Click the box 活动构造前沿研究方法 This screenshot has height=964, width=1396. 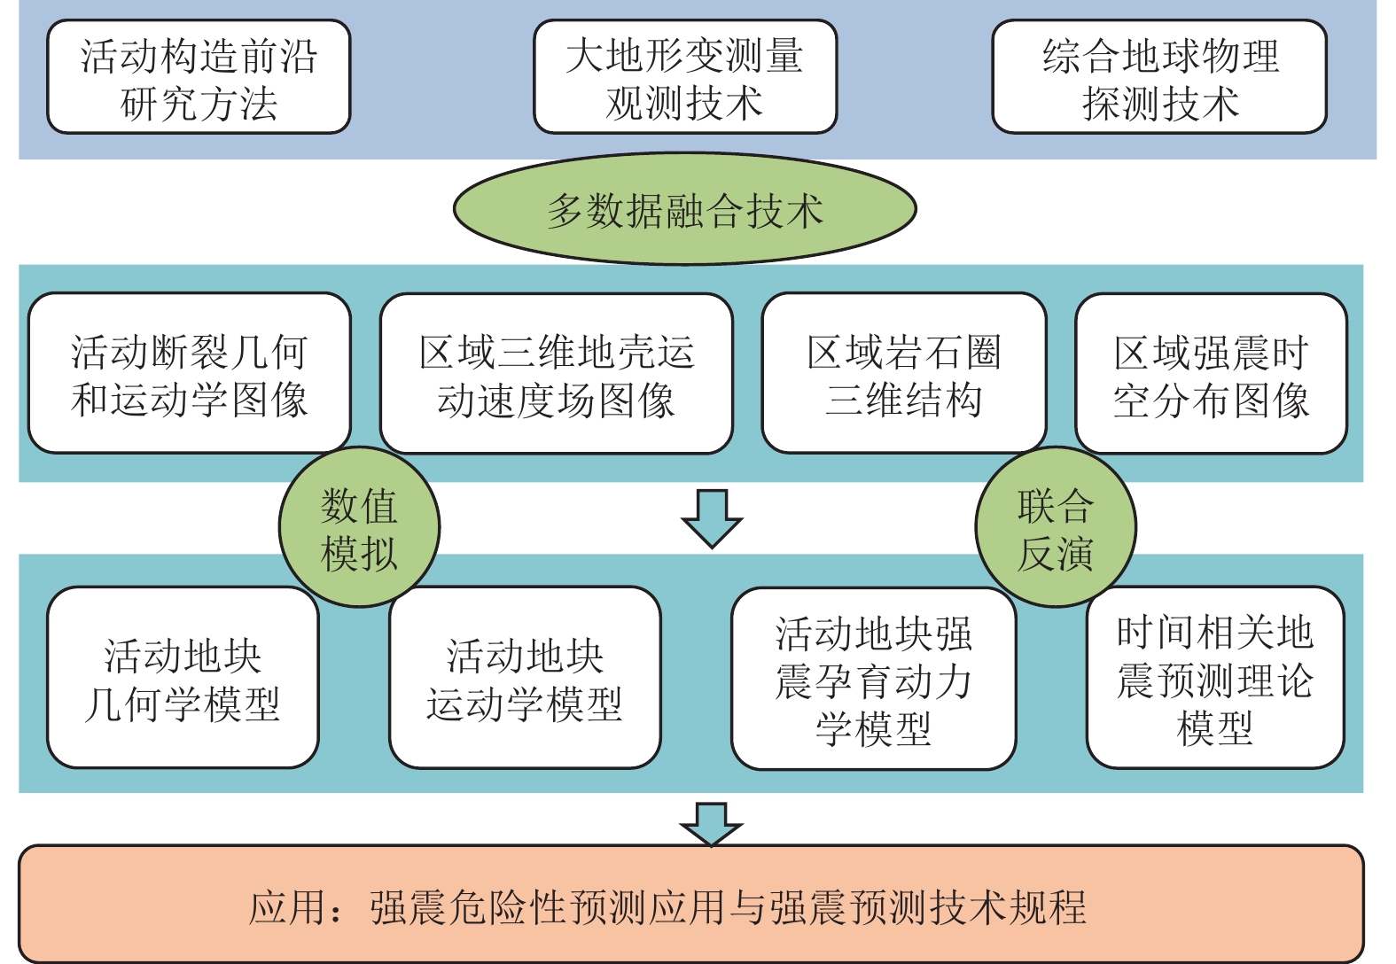(x=199, y=77)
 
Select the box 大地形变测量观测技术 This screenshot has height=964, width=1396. (x=685, y=77)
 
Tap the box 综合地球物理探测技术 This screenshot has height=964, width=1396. (x=1160, y=77)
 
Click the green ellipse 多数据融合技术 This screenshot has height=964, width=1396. (x=685, y=209)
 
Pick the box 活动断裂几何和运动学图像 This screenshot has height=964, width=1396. (x=190, y=373)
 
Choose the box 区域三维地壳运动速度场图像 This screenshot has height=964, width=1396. (x=557, y=373)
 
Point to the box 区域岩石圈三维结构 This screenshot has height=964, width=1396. (x=904, y=373)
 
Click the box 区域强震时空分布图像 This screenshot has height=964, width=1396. (x=1212, y=373)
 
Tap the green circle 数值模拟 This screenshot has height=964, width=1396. (x=359, y=527)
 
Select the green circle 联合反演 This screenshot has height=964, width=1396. (x=1056, y=527)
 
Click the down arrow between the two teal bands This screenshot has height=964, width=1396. (x=712, y=518)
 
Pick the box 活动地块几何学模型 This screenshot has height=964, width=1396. (x=183, y=677)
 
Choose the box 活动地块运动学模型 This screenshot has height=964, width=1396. (x=525, y=677)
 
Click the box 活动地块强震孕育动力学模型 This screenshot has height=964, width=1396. (x=874, y=679)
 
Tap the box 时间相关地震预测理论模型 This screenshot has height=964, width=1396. (x=1215, y=678)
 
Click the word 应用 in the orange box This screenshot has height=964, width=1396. (x=288, y=906)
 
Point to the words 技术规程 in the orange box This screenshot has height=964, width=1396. (x=1008, y=906)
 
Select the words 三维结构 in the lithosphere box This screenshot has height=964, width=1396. (x=904, y=400)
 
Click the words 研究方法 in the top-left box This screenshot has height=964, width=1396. (x=199, y=103)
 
